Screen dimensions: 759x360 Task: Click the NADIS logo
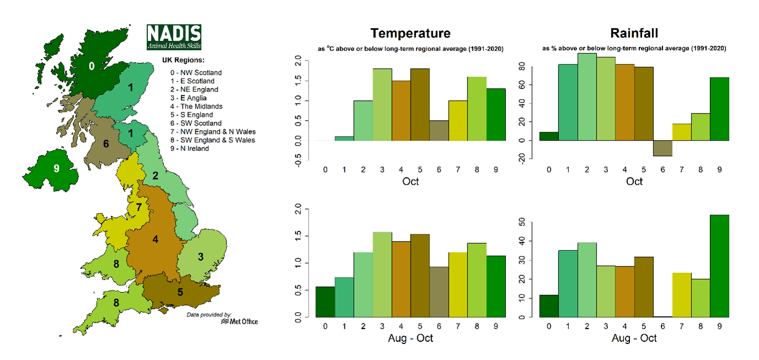tap(174, 37)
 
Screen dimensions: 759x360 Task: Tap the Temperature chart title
tap(410, 33)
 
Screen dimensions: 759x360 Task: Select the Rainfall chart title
tap(634, 33)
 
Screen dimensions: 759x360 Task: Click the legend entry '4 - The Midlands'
tap(196, 106)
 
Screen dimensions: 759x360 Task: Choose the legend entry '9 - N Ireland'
tap(190, 148)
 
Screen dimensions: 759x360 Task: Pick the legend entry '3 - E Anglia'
tap(189, 98)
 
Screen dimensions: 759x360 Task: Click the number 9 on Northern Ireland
tap(56, 168)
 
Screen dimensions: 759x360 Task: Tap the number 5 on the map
tap(180, 292)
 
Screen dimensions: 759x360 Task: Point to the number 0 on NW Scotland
tap(91, 66)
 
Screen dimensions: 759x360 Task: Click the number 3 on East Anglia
tap(201, 257)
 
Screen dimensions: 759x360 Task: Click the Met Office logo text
tap(240, 321)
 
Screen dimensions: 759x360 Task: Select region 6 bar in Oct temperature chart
tap(439, 131)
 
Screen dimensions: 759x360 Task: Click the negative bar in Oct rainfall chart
tap(663, 148)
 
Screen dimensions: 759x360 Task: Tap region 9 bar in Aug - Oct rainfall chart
tap(719, 266)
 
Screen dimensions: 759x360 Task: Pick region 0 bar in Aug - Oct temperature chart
tap(325, 302)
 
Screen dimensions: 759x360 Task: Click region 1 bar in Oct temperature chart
tap(344, 138)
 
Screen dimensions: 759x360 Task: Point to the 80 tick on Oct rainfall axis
tap(522, 66)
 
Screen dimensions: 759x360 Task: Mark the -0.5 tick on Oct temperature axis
tap(298, 160)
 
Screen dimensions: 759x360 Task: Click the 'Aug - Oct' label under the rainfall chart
tap(634, 338)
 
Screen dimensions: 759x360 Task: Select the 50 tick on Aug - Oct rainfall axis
tap(522, 222)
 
